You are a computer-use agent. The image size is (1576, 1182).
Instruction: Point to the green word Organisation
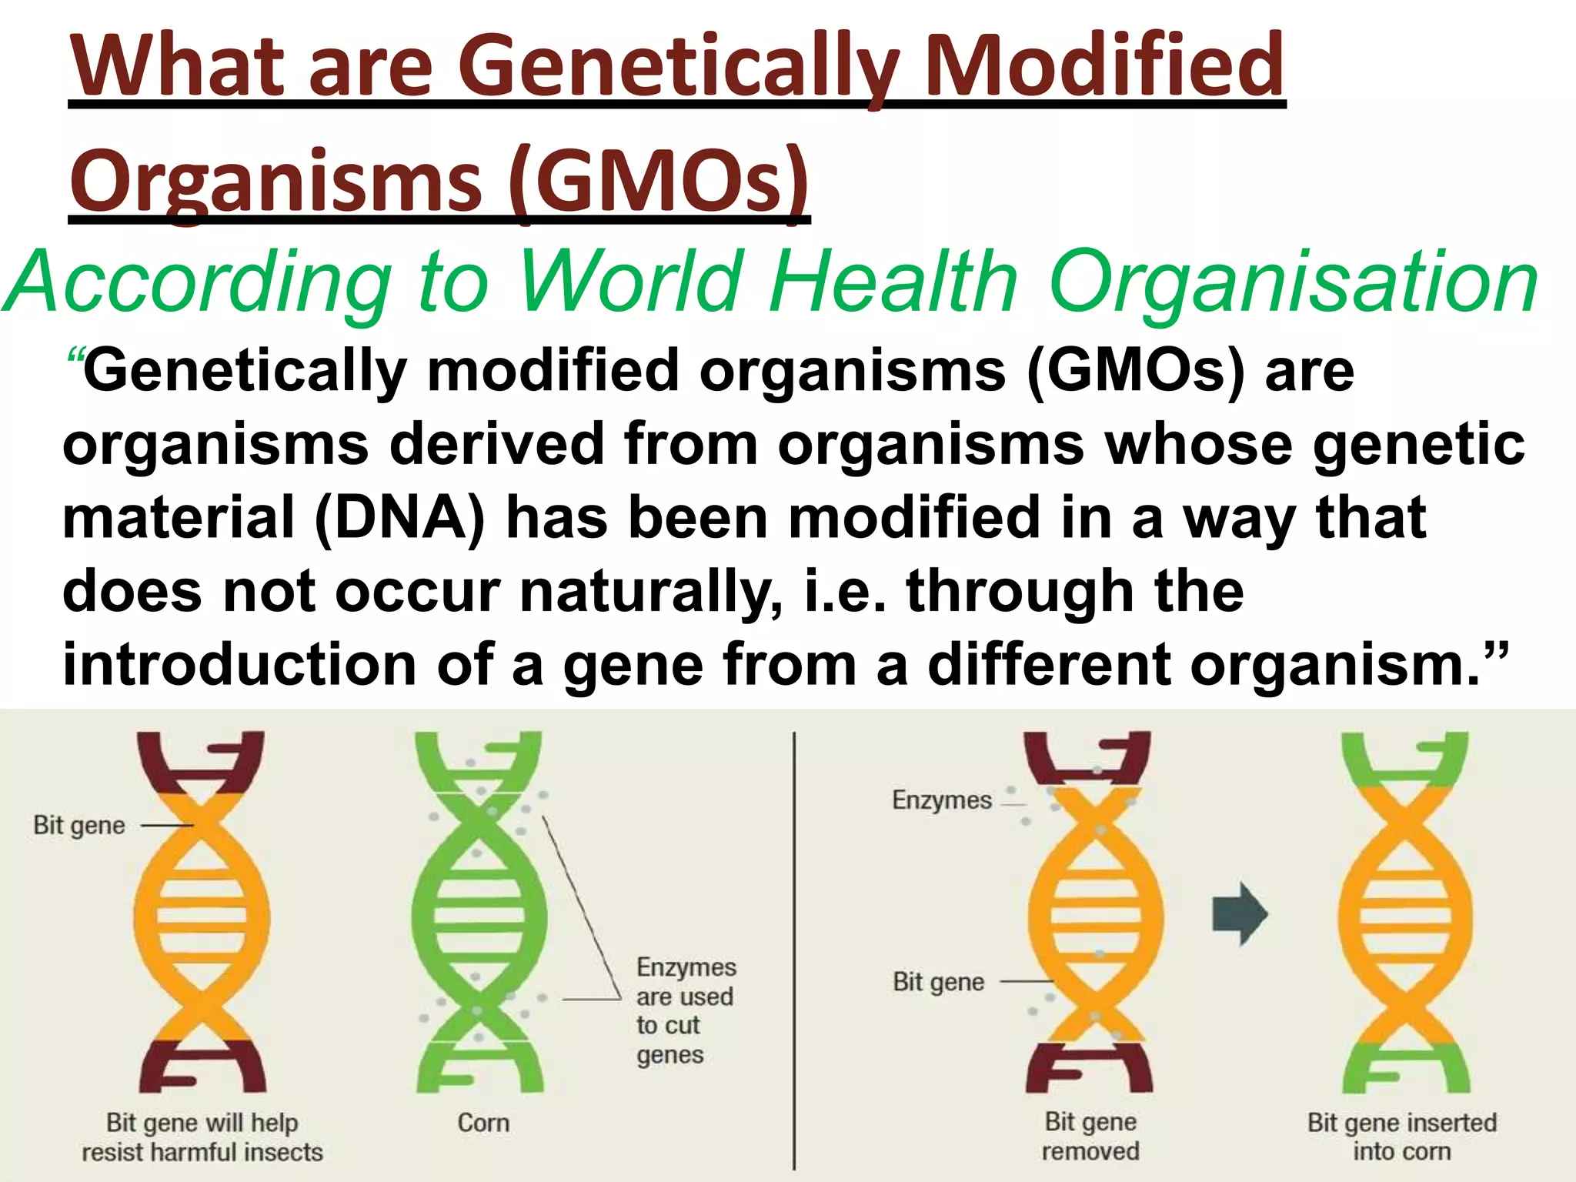tap(1293, 282)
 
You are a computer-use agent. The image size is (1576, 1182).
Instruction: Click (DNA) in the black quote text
tap(400, 518)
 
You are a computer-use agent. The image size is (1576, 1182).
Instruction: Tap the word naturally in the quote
tap(651, 592)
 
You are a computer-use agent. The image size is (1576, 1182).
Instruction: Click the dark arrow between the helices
tap(1239, 914)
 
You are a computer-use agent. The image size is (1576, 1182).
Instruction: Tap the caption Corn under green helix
tap(483, 1123)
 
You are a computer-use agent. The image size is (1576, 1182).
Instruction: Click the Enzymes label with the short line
tap(942, 800)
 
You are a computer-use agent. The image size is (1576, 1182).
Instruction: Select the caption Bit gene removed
tap(1090, 1137)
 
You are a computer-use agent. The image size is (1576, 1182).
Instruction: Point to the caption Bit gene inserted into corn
tap(1402, 1137)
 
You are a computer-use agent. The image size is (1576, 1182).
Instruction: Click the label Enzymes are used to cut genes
tap(685, 1010)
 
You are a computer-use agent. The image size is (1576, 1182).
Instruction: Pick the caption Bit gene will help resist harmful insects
tap(202, 1137)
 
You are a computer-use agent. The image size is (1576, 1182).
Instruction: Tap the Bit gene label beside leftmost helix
tap(79, 826)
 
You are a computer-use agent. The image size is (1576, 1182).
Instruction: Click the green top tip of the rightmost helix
tap(1405, 758)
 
